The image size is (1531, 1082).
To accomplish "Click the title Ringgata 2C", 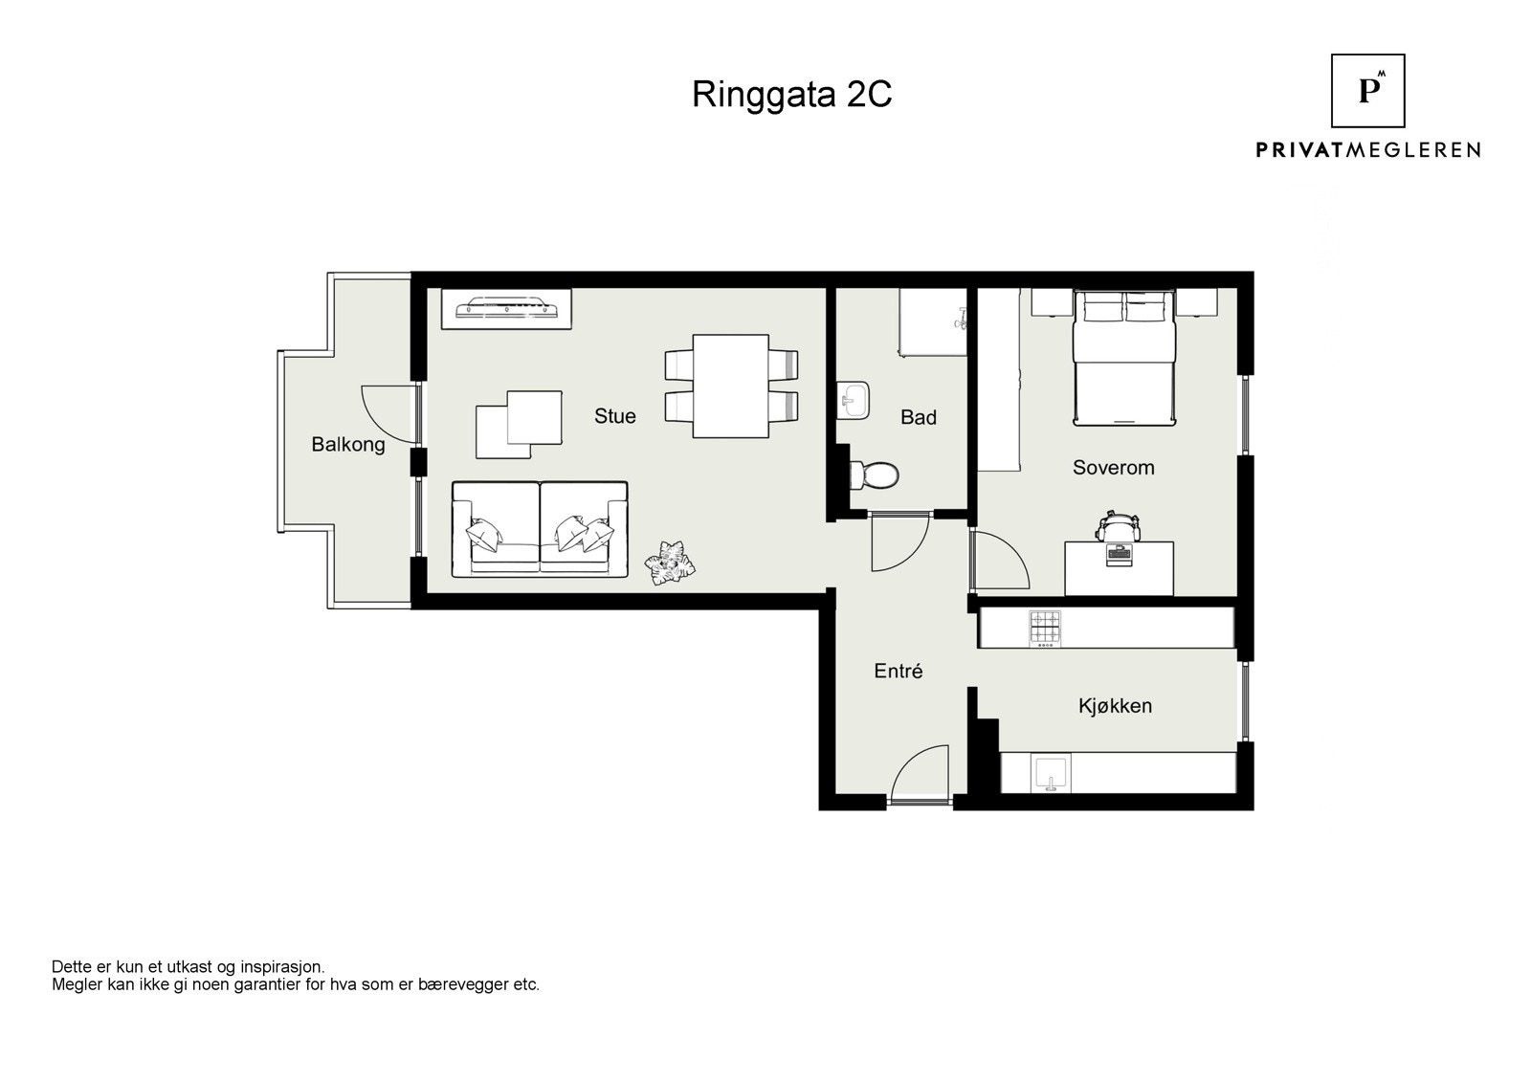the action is [x=791, y=95].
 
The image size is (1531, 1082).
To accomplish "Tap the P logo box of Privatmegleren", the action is [x=1367, y=91].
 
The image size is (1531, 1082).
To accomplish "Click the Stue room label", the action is [x=614, y=416].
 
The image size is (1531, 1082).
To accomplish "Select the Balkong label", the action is [x=348, y=445].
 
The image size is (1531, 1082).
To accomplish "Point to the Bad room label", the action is [x=918, y=418].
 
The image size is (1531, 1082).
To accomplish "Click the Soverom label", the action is [x=1114, y=468].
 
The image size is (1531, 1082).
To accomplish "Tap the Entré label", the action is [x=899, y=672].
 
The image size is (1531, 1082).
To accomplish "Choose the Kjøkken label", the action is [x=1115, y=706].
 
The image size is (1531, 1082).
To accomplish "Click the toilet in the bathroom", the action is [x=873, y=475].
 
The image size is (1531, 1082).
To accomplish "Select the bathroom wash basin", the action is [x=853, y=400].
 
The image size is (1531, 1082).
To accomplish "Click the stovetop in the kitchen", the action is [x=1045, y=629].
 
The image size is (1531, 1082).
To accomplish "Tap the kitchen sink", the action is [x=1050, y=774].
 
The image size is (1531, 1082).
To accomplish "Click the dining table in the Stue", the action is [x=731, y=386].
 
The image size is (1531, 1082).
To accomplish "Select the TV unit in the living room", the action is [x=506, y=309].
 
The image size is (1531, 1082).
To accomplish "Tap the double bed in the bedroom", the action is [x=1123, y=358].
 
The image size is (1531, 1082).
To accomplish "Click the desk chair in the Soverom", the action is [x=1119, y=525].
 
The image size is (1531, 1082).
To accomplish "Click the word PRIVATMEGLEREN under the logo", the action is [x=1367, y=150].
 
